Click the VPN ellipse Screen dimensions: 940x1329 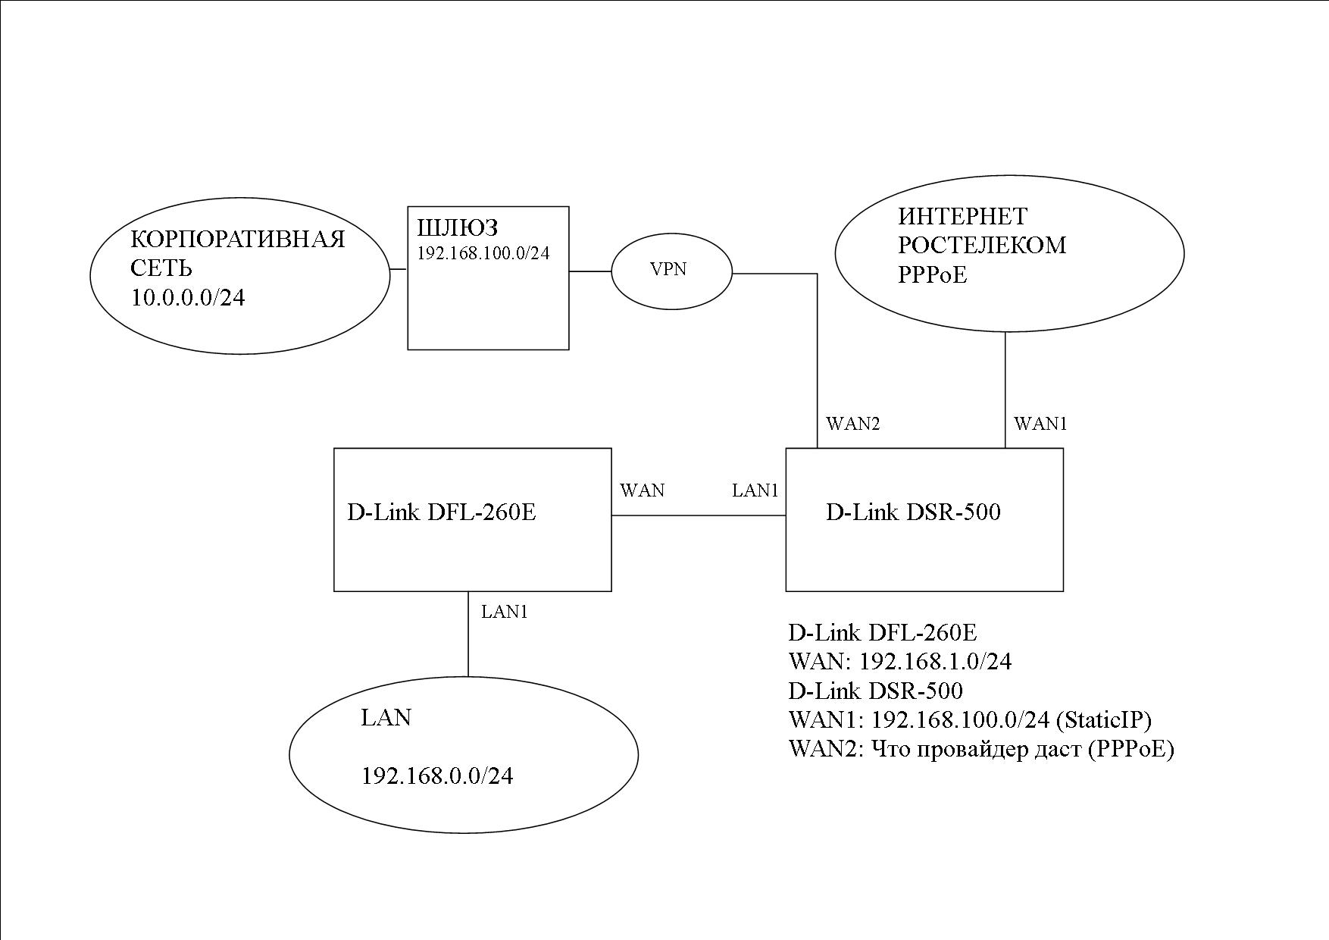[671, 271]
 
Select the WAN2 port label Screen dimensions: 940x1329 [852, 424]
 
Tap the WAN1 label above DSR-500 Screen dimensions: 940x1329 [1040, 424]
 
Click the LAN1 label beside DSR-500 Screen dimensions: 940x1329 [755, 490]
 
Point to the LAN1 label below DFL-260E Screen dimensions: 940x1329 [504, 612]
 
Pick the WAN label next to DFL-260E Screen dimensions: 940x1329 [642, 490]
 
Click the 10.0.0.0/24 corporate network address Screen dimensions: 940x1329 [188, 298]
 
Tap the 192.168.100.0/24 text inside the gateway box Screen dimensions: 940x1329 [483, 253]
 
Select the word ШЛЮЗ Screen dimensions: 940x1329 [458, 227]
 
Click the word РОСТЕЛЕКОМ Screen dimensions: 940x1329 [981, 246]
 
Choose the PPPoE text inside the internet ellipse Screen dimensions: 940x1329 [932, 274]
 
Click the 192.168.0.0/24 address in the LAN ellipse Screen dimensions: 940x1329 [437, 776]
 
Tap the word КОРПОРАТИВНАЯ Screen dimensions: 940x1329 [238, 240]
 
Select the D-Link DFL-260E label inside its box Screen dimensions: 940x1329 [441, 512]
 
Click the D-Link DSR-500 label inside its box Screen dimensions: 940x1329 [912, 512]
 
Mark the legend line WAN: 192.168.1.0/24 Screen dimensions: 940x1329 [899, 662]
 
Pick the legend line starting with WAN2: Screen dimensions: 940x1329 [980, 749]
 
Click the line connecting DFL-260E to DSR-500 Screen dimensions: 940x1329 [698, 515]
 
